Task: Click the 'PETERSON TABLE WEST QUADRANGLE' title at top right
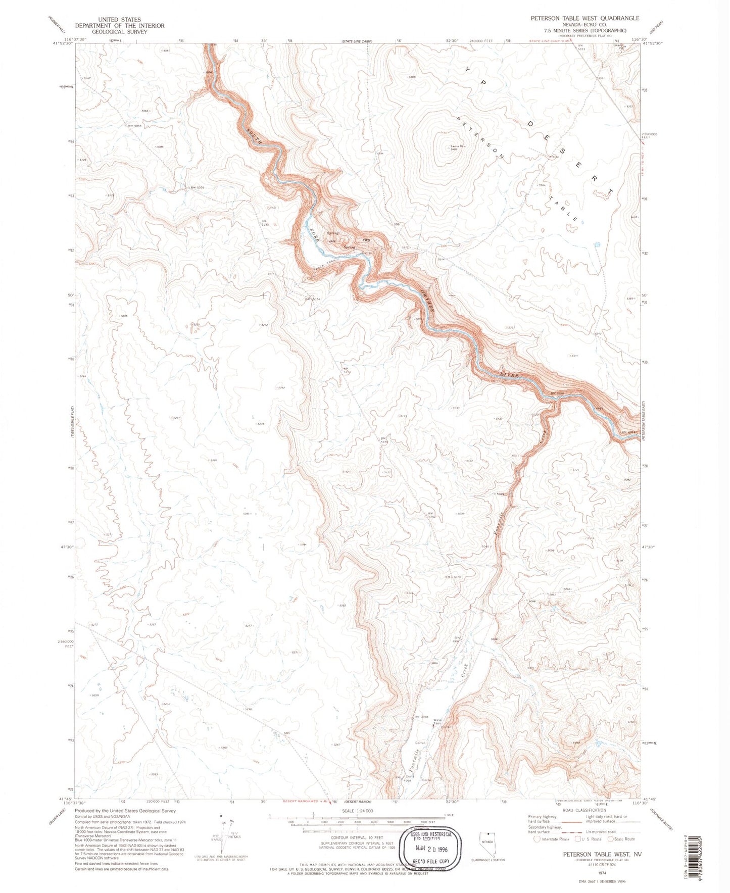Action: pyautogui.click(x=584, y=18)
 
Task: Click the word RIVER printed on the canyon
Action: pyautogui.click(x=510, y=375)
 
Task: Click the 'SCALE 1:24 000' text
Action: pyautogui.click(x=357, y=811)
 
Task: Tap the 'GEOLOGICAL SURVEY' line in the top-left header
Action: pyautogui.click(x=119, y=31)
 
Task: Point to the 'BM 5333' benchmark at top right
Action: pyautogui.click(x=582, y=48)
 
